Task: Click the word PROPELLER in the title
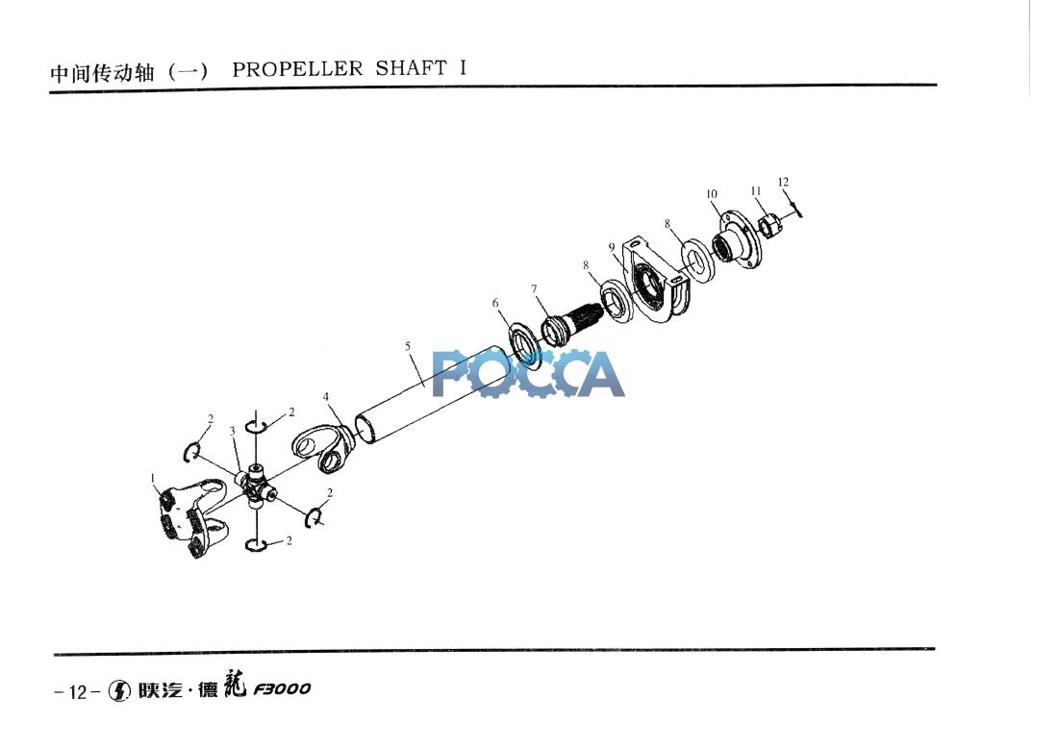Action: click(x=297, y=69)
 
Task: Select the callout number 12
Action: click(x=783, y=182)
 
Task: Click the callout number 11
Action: click(x=756, y=191)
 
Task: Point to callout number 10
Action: click(x=712, y=194)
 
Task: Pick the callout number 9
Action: click(x=612, y=247)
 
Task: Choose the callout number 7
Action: click(x=534, y=289)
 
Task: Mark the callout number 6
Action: click(x=495, y=303)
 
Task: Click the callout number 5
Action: click(x=408, y=347)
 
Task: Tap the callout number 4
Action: click(x=326, y=397)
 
